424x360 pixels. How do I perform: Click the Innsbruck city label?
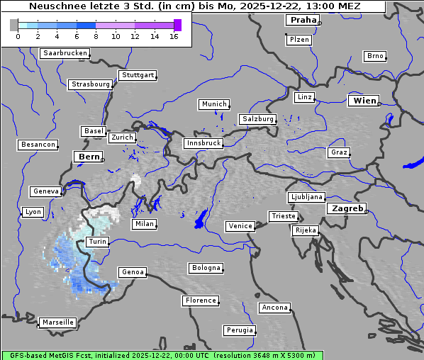(x=203, y=143)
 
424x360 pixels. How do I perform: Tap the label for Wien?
(x=365, y=101)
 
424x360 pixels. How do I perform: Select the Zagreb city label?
(x=346, y=208)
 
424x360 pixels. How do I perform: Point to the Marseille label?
(x=57, y=322)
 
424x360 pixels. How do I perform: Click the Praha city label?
(x=303, y=20)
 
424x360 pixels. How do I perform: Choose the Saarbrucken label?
(x=65, y=53)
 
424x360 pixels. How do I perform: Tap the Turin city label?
(x=97, y=242)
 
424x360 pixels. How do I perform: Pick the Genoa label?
(x=133, y=272)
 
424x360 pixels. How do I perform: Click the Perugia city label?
(x=240, y=330)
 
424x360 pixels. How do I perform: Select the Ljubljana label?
(x=306, y=197)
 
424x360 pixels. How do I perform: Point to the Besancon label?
(x=38, y=145)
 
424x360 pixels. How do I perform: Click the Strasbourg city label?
(x=90, y=84)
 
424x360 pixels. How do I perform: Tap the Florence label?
(x=200, y=300)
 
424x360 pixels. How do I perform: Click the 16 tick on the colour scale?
(x=174, y=35)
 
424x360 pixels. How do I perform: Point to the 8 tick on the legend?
(x=96, y=35)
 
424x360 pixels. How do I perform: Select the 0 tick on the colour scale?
(x=18, y=35)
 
